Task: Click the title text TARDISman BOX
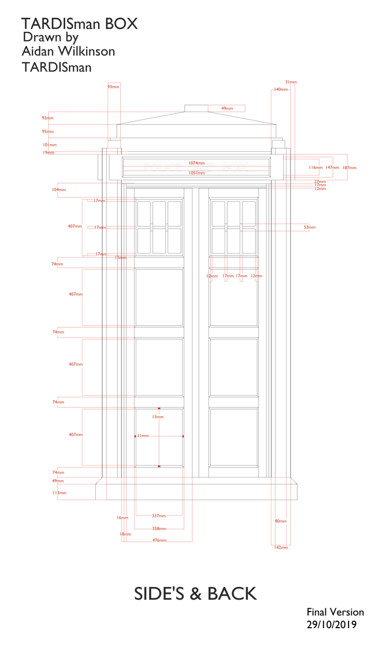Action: pyautogui.click(x=79, y=24)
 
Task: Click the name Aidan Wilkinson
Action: pyautogui.click(x=68, y=51)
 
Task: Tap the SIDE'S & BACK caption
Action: pyautogui.click(x=195, y=593)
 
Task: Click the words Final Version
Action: pyautogui.click(x=335, y=612)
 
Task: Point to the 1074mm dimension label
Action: pyautogui.click(x=196, y=163)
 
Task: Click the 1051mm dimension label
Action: pyautogui.click(x=196, y=173)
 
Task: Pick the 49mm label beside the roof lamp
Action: pyautogui.click(x=227, y=108)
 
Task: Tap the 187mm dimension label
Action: pyautogui.click(x=350, y=168)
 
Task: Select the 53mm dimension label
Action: pyautogui.click(x=310, y=228)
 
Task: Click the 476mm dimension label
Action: pyautogui.click(x=159, y=540)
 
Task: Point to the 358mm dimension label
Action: pyautogui.click(x=159, y=529)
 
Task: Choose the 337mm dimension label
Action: pyautogui.click(x=159, y=516)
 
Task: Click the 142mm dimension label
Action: pyautogui.click(x=282, y=547)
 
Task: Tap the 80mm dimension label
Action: pyautogui.click(x=281, y=521)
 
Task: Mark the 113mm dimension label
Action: pyautogui.click(x=59, y=493)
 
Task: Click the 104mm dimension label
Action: pyautogui.click(x=59, y=189)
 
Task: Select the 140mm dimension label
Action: pyautogui.click(x=281, y=89)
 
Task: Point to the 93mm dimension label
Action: pyautogui.click(x=113, y=86)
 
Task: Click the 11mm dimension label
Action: pyautogui.click(x=143, y=436)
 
